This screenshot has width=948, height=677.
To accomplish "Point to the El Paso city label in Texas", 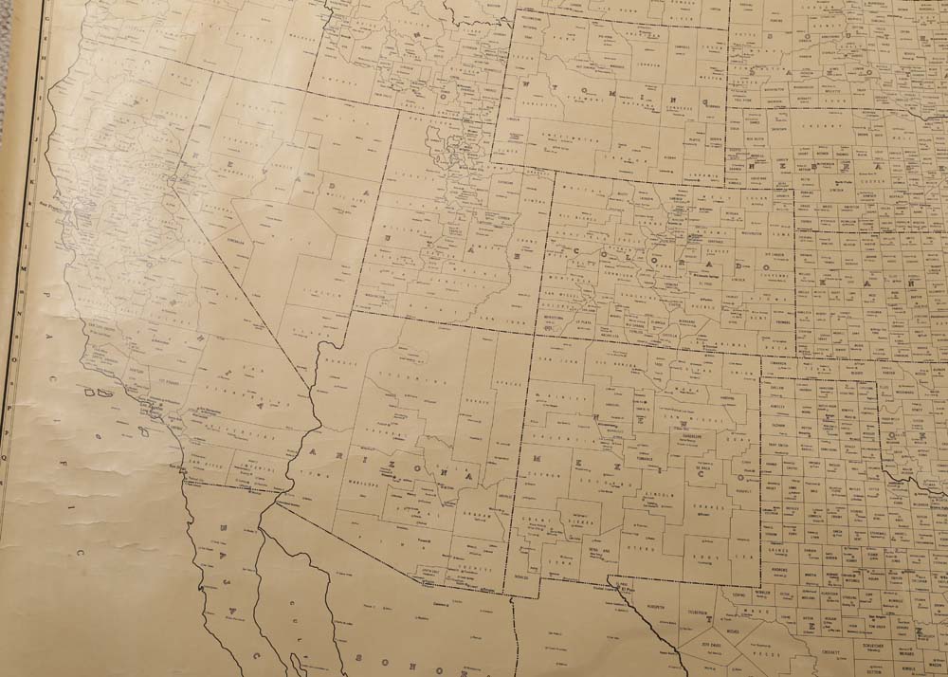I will (625, 587).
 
